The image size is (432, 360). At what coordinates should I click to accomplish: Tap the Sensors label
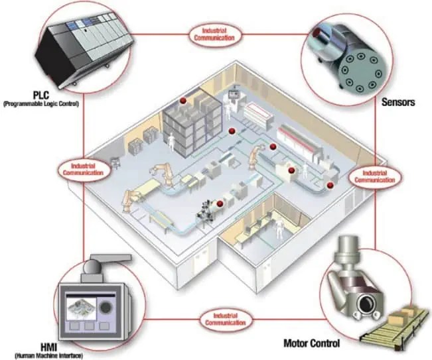(x=399, y=103)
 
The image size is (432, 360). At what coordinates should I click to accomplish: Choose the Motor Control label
(x=312, y=343)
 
